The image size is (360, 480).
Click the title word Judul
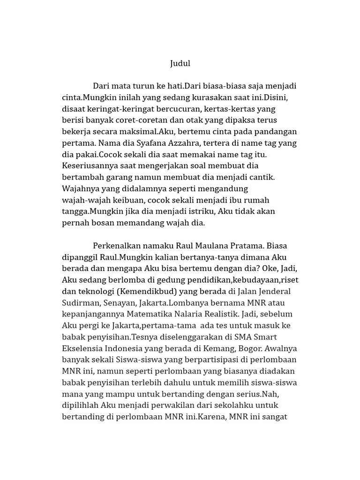[x=180, y=63]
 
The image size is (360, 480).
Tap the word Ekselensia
[x=82, y=348]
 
